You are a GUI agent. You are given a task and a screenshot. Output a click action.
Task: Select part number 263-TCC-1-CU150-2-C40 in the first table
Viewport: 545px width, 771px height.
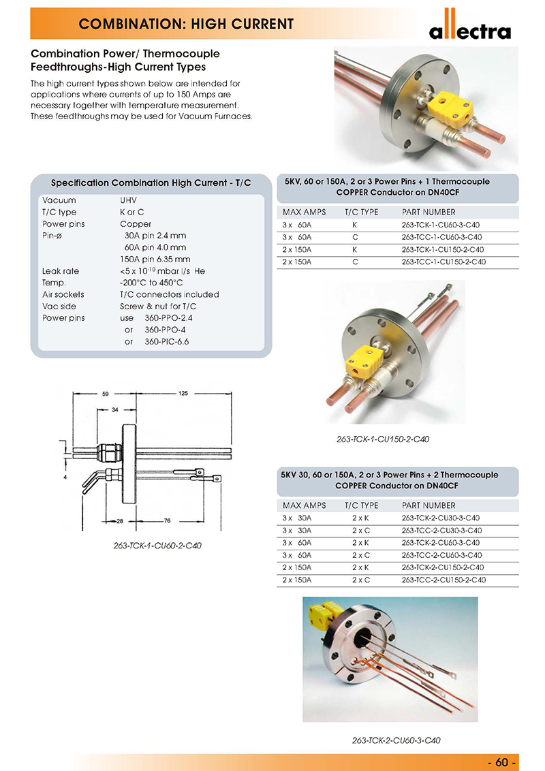tap(443, 262)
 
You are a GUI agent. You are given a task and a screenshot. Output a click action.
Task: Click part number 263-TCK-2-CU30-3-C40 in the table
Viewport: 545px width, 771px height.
tap(443, 518)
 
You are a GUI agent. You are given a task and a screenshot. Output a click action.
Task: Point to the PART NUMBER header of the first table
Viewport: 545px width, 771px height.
tap(429, 212)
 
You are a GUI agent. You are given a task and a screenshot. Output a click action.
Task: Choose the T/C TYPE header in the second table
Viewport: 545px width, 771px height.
tap(361, 505)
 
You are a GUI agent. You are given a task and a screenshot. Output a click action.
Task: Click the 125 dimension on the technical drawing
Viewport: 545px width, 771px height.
tap(183, 394)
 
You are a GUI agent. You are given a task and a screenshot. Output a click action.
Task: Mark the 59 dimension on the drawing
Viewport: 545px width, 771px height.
tap(106, 394)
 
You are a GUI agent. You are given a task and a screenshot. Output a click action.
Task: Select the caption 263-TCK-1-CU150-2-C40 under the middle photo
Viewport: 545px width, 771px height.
tap(383, 439)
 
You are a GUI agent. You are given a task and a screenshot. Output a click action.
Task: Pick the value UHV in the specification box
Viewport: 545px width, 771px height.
tap(129, 200)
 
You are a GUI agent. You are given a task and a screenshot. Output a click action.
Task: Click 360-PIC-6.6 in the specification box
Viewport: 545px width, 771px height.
tap(167, 341)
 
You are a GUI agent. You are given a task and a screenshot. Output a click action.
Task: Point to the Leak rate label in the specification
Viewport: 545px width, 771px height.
tap(61, 271)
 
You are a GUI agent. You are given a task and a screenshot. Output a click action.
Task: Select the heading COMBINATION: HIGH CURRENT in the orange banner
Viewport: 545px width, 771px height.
tap(187, 25)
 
